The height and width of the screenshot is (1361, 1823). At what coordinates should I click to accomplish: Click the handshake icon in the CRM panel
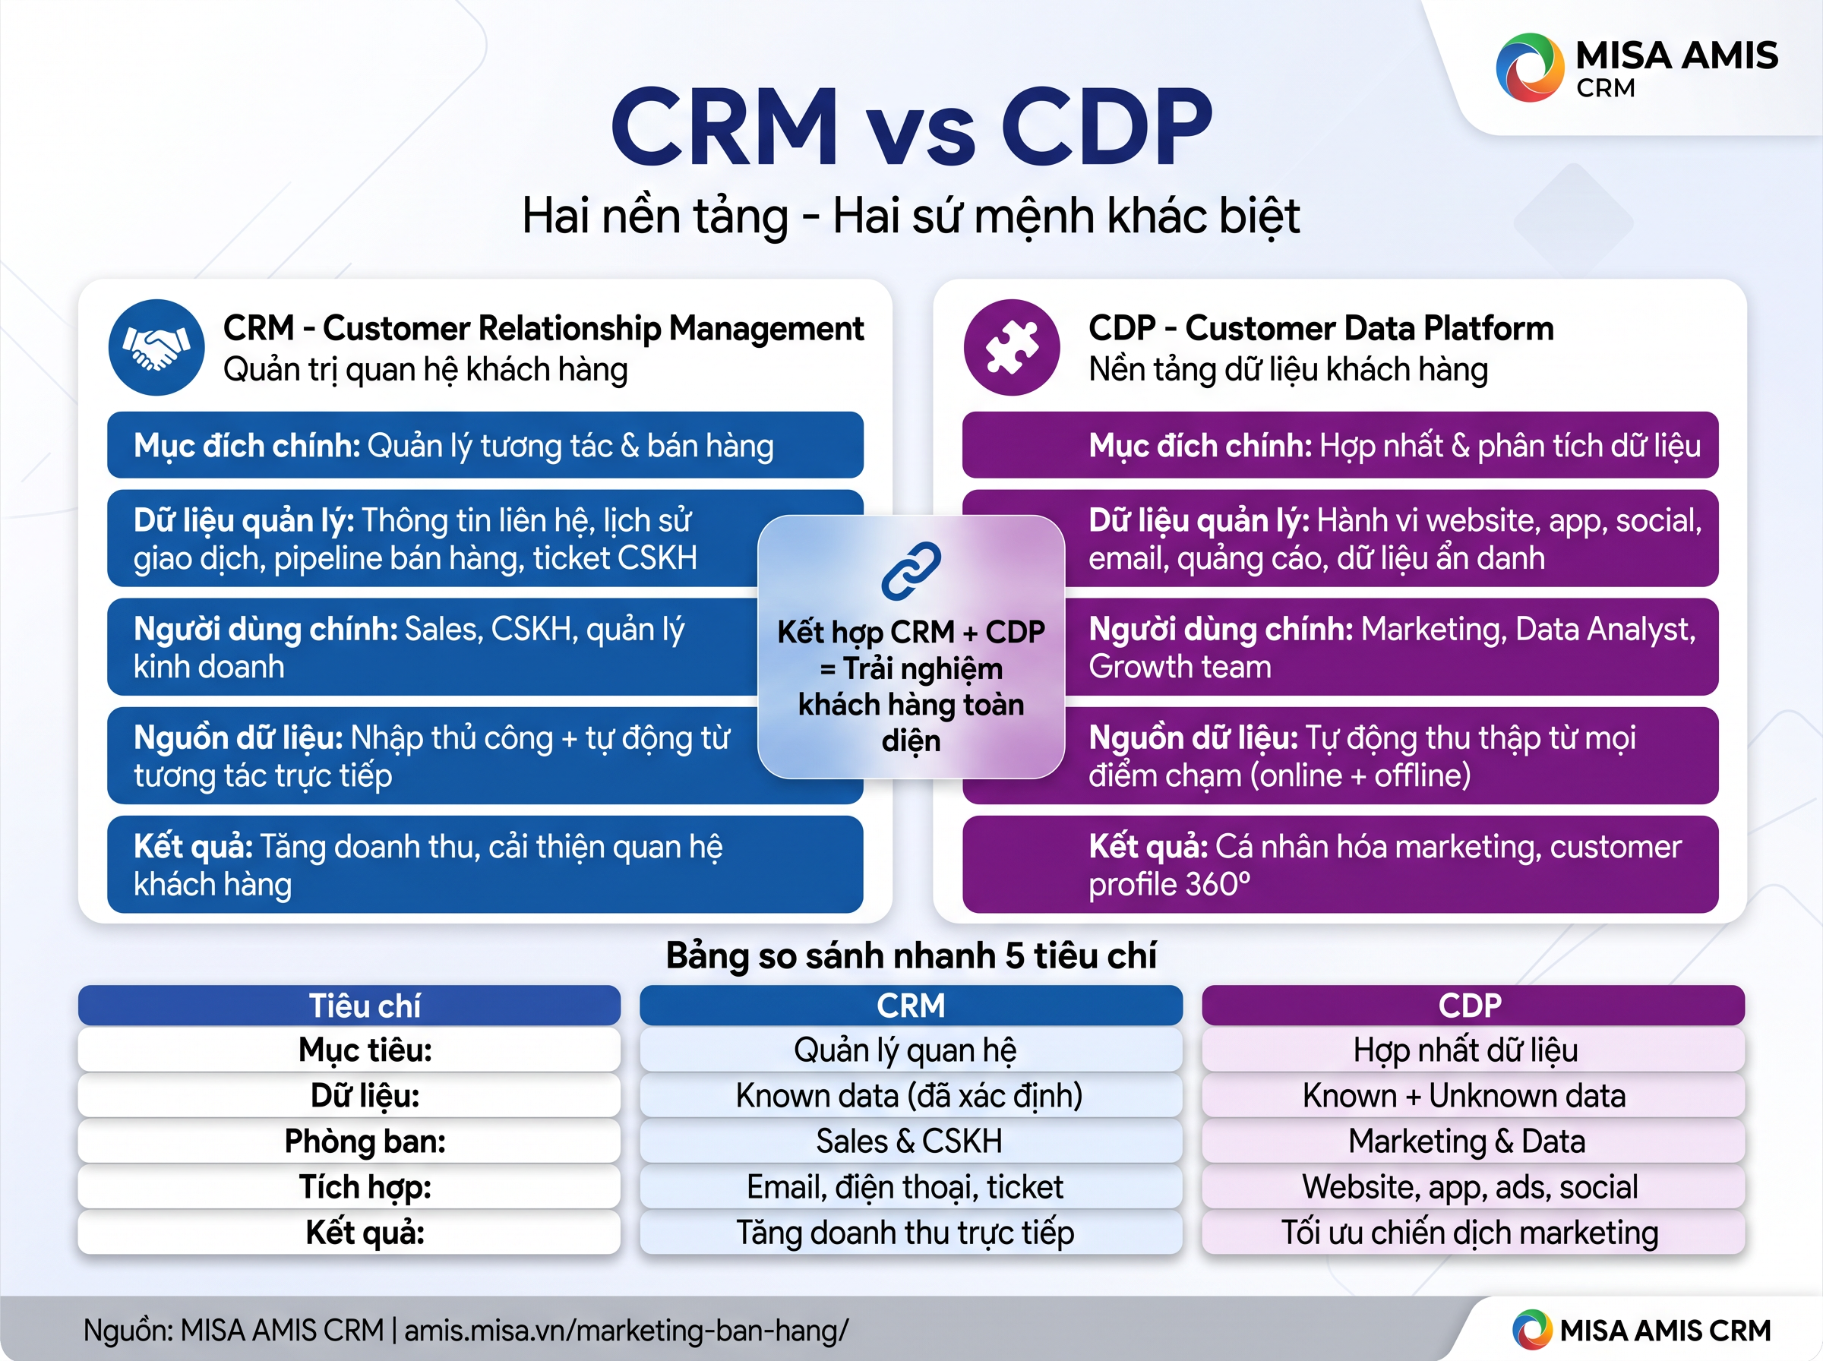click(156, 347)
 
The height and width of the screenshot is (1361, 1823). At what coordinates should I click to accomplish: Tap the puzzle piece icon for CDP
click(1012, 347)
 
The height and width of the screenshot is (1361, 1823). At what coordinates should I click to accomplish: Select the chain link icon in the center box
click(911, 571)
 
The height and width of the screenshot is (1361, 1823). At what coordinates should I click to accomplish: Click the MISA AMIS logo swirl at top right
click(1530, 68)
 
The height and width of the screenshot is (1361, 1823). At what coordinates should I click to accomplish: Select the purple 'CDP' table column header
click(1473, 1005)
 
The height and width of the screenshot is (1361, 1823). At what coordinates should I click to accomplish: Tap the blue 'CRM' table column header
click(911, 1005)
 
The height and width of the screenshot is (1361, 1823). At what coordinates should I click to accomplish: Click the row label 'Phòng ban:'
click(365, 1141)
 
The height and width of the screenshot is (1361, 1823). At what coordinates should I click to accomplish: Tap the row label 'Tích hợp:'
click(365, 1187)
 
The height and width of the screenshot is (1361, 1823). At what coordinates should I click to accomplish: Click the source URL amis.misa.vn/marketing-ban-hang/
click(626, 1331)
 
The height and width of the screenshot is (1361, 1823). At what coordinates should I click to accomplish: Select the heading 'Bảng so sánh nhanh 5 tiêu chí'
click(911, 955)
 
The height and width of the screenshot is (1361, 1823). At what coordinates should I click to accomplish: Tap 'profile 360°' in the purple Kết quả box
click(1170, 885)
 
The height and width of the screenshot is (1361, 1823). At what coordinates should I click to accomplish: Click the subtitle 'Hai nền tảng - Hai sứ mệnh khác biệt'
click(911, 216)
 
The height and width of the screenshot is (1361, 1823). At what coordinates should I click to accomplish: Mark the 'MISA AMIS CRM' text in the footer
click(1665, 1331)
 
